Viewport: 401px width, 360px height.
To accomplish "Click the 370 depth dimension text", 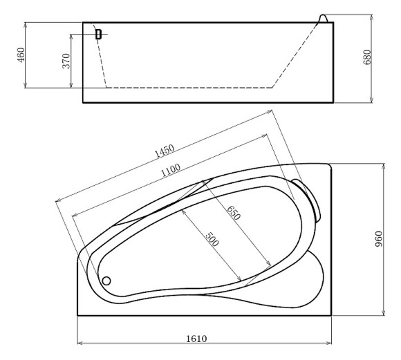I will [66, 61].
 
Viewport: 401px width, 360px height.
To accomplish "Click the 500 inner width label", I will [213, 238].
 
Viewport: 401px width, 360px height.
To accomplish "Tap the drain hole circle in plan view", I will [106, 281].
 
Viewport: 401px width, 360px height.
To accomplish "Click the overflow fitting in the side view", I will [98, 33].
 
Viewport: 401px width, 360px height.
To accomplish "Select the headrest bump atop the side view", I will [324, 17].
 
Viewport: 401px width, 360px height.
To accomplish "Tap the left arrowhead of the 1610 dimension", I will [80, 342].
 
